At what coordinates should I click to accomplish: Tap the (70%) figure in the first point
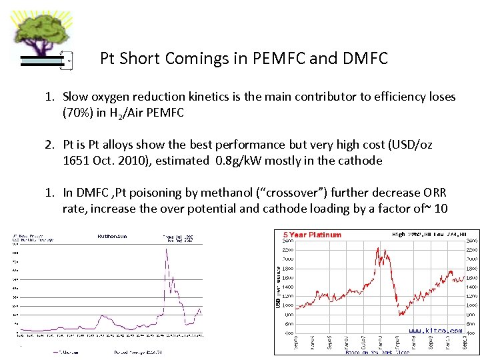coord(78,113)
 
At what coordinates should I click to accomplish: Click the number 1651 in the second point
coord(77,161)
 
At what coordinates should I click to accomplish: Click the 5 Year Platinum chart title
coord(312,235)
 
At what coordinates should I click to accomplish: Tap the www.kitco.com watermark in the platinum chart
coord(435,331)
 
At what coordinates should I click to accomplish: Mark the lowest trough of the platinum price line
coord(401,315)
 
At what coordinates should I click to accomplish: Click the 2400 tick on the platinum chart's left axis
coord(289,241)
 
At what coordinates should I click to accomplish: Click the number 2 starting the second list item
coord(49,145)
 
